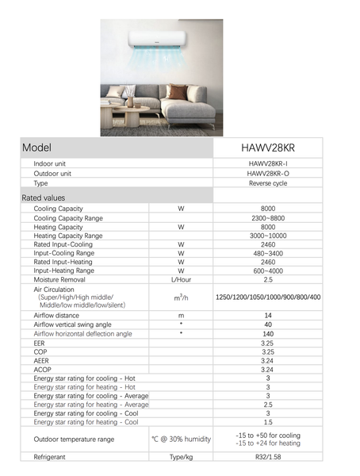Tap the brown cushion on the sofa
click(179, 93)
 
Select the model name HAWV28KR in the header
click(267, 148)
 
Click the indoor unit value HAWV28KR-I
click(267, 163)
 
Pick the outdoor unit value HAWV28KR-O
click(267, 173)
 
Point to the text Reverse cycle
click(267, 183)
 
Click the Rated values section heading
click(44, 198)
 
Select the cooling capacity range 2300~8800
click(267, 217)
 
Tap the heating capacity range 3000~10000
click(267, 236)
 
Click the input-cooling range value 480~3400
click(267, 254)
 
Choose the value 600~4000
click(267, 271)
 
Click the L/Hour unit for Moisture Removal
click(181, 280)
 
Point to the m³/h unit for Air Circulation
click(181, 297)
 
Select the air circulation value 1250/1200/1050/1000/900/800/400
click(267, 297)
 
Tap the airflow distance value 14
click(267, 315)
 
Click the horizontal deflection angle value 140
click(267, 334)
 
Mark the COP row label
click(41, 351)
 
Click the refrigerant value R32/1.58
click(267, 458)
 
